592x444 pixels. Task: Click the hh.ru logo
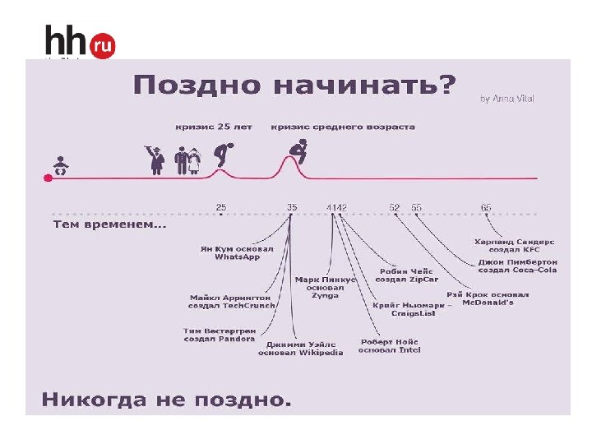pos(80,42)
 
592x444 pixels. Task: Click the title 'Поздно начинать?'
pos(294,86)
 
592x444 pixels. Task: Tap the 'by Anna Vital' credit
pos(507,99)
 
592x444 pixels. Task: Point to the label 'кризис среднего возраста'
pos(343,127)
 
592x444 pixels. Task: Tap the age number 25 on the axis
pos(221,207)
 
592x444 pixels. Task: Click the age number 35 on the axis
pos(292,207)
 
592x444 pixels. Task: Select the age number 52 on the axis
pos(395,207)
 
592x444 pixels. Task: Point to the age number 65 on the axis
pos(486,207)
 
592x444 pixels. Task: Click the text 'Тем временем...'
pos(109,224)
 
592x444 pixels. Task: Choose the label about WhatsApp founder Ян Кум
pos(237,252)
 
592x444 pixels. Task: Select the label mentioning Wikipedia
pos(300,349)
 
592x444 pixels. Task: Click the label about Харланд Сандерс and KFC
pos(515,245)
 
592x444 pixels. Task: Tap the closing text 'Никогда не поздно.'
pos(167,400)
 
